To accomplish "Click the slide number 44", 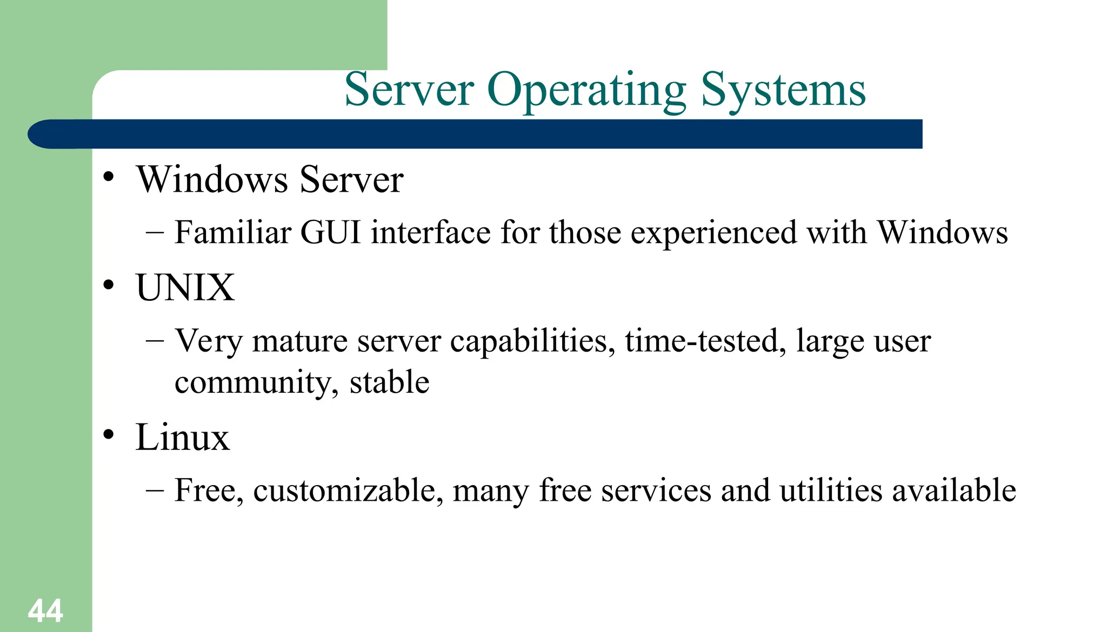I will pos(45,611).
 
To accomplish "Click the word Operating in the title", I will pos(586,90).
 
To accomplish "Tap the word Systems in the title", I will pos(783,90).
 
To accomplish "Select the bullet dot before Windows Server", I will pos(109,177).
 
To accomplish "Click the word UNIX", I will pos(185,287).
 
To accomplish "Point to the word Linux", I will pos(182,437).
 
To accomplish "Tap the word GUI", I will pos(330,232).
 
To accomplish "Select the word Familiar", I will pos(233,232).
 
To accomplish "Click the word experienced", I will pos(713,233).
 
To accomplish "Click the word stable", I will pos(389,382).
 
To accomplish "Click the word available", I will pos(953,490).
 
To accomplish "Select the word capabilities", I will pos(532,341).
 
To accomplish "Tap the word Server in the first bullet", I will pos(351,179).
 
